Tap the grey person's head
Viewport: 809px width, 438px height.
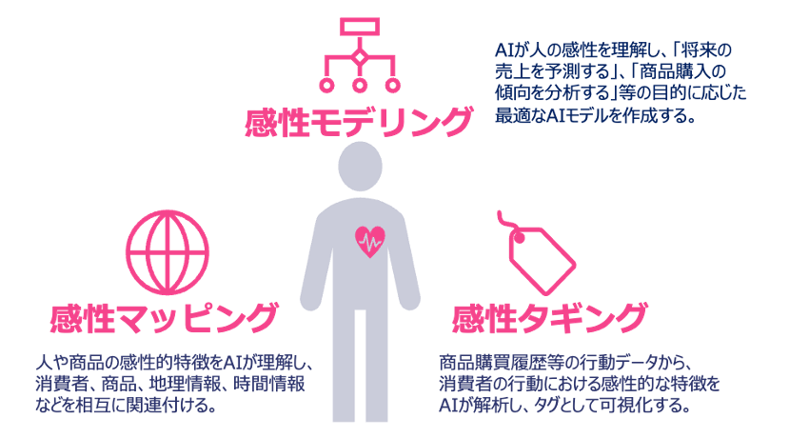tap(360, 167)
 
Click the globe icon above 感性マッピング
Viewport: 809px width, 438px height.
tap(168, 252)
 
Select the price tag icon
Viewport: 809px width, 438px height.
tap(537, 252)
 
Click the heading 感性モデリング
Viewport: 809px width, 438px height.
tap(359, 122)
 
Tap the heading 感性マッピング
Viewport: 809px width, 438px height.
tap(165, 318)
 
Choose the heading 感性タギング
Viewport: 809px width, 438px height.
tap(549, 318)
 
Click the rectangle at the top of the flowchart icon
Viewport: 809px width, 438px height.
tap(360, 27)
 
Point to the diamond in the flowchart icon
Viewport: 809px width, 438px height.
tap(360, 57)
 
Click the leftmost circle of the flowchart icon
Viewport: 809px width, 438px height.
tap(326, 85)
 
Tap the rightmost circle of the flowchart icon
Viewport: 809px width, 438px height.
tap(393, 85)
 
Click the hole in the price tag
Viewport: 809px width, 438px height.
tap(519, 238)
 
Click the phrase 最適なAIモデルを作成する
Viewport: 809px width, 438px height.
tap(595, 115)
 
